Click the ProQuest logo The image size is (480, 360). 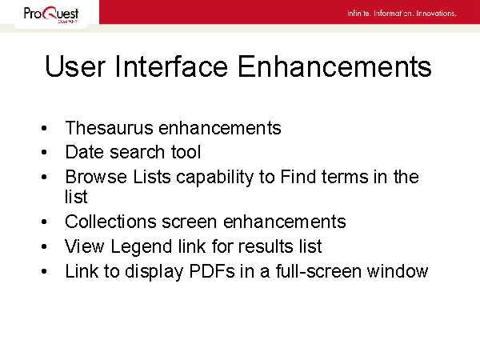point(51,14)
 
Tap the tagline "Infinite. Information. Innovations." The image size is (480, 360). point(402,14)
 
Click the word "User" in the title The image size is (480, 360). point(75,66)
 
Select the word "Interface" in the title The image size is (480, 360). point(171,66)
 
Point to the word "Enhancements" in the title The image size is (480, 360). point(334,66)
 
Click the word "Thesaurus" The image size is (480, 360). point(109,128)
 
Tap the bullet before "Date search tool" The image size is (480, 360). point(44,152)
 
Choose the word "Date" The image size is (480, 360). point(85,152)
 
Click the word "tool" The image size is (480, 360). point(186,152)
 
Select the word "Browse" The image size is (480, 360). point(96,177)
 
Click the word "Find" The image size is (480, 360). point(298,177)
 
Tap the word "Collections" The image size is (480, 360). point(110,222)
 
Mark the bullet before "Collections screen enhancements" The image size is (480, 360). point(44,222)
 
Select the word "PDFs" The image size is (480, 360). point(212,271)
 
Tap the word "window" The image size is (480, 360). point(398,271)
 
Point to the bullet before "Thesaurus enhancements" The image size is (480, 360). point(44,128)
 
